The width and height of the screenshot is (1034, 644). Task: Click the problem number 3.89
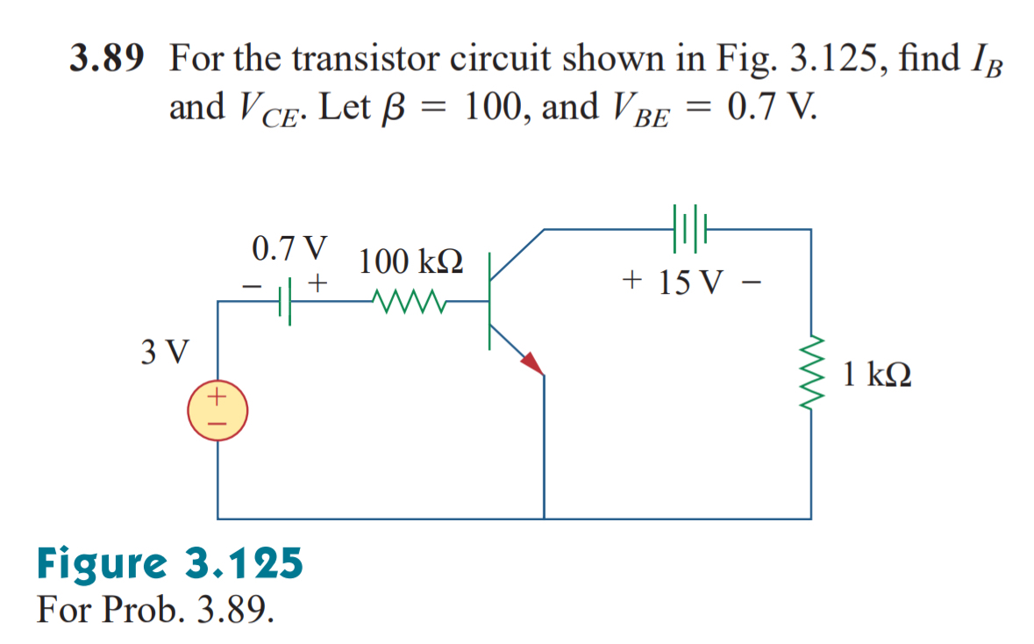pos(105,60)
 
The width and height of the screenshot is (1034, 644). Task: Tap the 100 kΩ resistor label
pos(411,261)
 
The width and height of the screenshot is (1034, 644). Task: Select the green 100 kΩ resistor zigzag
pos(411,303)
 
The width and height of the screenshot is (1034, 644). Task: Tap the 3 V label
pos(164,352)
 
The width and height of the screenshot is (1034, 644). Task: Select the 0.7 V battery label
pos(289,248)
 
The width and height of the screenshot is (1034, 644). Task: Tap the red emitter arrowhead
pos(531,363)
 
